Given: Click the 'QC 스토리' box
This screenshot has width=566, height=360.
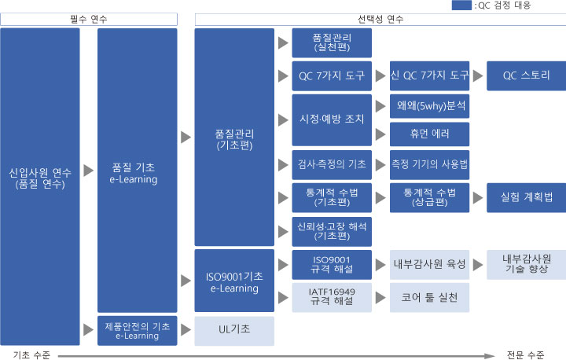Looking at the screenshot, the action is [526, 75].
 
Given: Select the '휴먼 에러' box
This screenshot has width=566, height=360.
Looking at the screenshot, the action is [429, 134].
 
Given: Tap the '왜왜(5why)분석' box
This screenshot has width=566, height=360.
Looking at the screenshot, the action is [429, 106].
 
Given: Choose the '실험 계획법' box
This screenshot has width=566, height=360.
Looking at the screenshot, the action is [526, 197].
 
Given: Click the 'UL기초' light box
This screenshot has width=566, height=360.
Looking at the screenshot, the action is [234, 331].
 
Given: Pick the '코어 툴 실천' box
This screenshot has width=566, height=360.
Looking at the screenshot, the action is [429, 298].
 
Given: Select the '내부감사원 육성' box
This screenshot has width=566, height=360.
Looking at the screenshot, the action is [429, 265].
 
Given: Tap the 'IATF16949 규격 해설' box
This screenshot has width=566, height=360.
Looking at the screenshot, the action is [332, 298].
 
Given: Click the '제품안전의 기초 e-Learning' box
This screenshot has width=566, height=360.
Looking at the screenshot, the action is [137, 331].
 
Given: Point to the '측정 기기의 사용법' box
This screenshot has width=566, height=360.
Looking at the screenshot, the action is [429, 164].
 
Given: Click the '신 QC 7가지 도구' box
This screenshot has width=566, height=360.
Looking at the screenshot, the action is [429, 75].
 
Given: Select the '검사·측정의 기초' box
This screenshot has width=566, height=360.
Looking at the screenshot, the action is [332, 164].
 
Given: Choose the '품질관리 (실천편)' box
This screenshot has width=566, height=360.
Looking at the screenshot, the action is [332, 43].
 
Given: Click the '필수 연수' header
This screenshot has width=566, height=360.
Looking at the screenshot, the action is [89, 19].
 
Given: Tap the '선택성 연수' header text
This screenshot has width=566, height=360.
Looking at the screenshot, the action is [380, 19].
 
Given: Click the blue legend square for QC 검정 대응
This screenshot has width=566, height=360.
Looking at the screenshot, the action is [461, 5].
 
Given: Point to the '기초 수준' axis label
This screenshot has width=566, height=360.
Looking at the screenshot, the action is [31, 355].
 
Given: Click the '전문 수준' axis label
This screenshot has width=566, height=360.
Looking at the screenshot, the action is [525, 355].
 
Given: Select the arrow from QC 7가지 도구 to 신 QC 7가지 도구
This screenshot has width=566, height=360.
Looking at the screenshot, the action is [380, 75].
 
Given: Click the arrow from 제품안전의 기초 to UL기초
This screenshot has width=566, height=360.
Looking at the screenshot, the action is [186, 329].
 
